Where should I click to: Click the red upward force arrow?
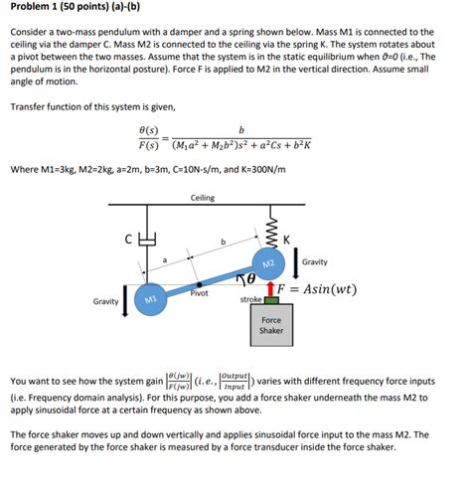(270, 288)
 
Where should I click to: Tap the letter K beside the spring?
(286, 239)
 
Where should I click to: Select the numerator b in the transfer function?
(241, 129)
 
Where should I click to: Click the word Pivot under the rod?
(199, 295)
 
